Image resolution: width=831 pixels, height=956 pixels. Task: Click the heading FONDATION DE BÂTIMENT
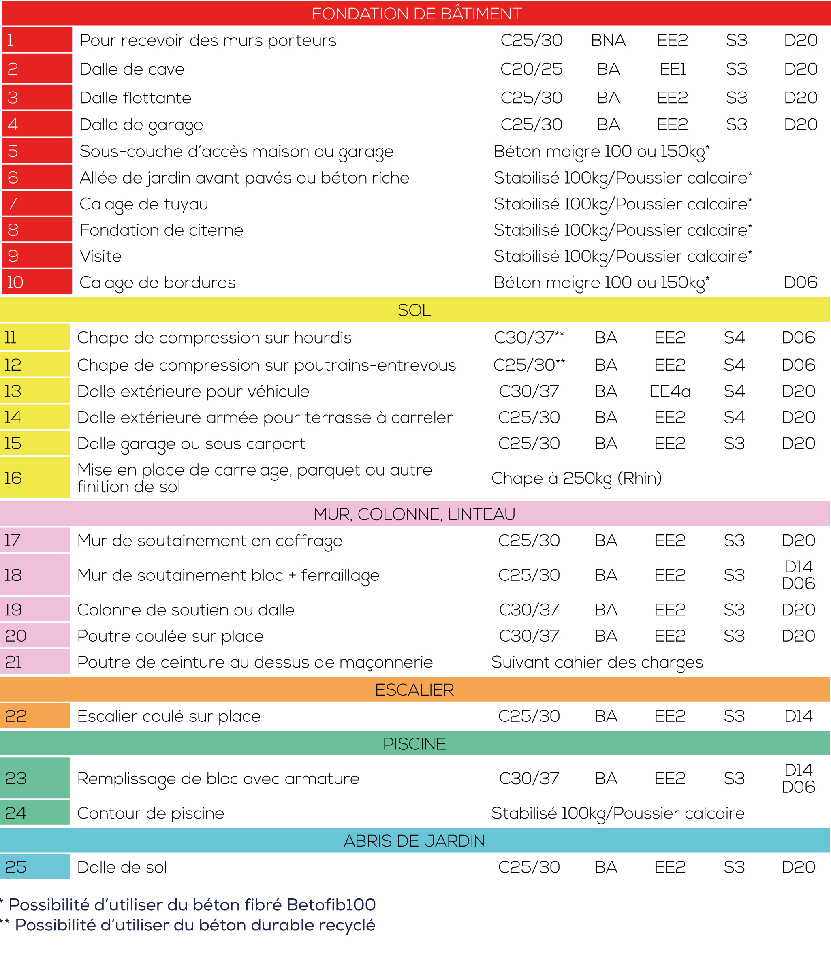(416, 13)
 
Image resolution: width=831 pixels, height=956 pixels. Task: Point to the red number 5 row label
(36, 151)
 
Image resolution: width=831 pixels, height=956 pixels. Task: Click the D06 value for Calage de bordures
(800, 282)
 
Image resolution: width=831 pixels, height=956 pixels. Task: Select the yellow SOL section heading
(414, 310)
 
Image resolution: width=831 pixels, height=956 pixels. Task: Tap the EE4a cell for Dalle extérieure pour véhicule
(670, 391)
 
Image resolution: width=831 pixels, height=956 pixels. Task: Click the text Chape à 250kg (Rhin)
(576, 478)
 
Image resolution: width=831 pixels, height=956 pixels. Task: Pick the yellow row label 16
(34, 478)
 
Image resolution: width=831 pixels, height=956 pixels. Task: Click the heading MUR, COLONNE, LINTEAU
(414, 514)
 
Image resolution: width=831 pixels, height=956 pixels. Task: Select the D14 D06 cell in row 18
(798, 575)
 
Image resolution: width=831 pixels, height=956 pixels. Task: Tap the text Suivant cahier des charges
(597, 662)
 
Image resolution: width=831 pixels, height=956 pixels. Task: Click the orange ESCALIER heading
(414, 690)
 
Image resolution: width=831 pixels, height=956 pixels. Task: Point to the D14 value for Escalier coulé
(798, 716)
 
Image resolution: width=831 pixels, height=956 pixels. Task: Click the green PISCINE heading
(414, 744)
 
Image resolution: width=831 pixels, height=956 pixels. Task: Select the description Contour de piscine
(150, 813)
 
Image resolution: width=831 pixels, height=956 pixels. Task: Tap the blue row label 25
(34, 867)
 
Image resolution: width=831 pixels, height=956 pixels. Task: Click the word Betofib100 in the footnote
(331, 905)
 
